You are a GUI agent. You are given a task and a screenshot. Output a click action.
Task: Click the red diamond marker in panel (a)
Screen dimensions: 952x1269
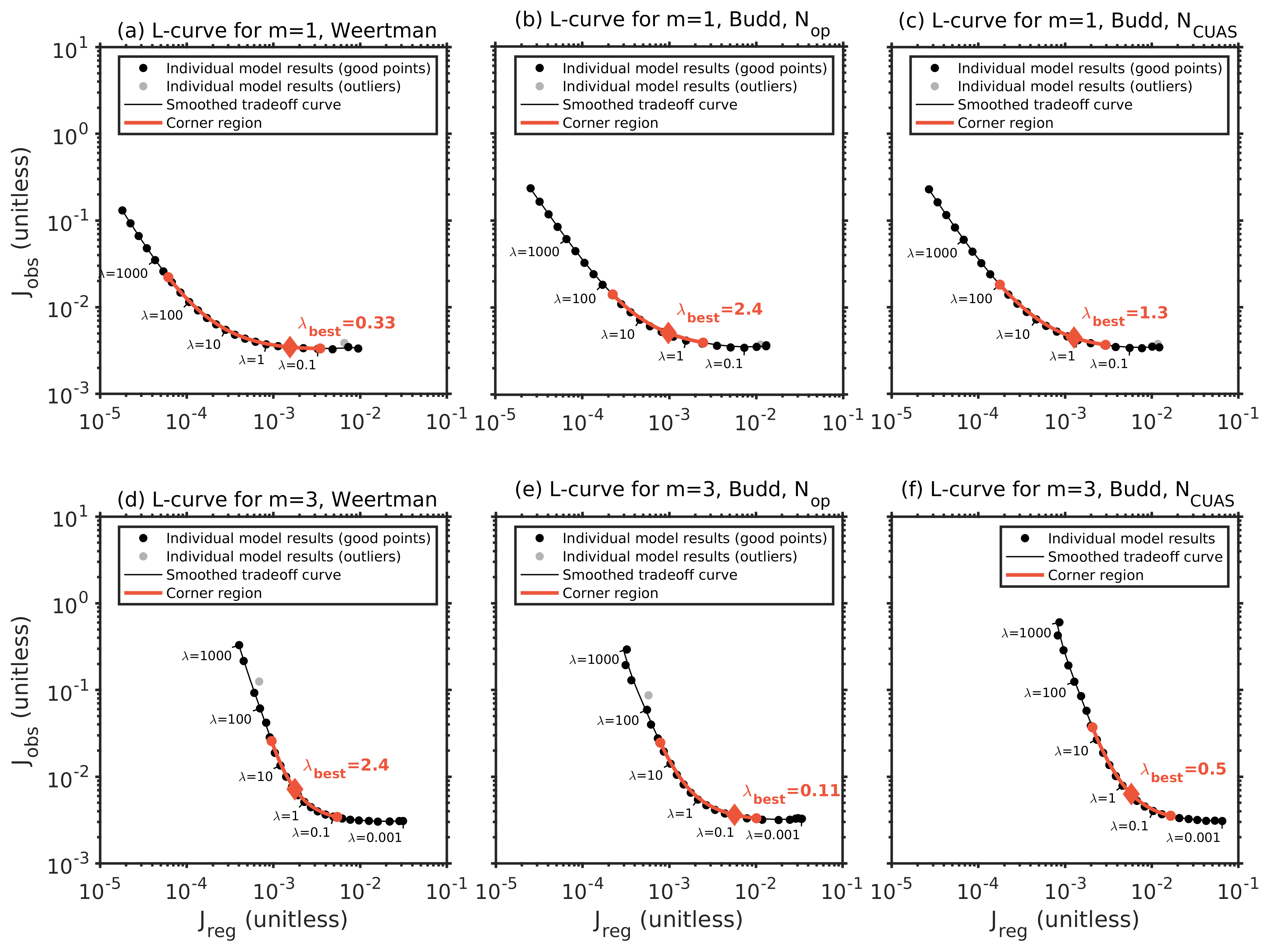click(290, 347)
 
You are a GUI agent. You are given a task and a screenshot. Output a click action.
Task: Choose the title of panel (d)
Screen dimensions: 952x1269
click(277, 499)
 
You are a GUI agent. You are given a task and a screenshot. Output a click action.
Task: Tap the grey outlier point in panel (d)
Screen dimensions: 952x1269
click(259, 682)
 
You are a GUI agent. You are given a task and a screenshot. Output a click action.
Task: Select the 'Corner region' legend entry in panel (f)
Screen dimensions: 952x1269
click(1095, 575)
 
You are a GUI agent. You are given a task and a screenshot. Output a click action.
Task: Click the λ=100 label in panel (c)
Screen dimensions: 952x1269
click(971, 299)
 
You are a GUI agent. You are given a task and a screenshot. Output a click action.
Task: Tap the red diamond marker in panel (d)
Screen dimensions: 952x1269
click(294, 789)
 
